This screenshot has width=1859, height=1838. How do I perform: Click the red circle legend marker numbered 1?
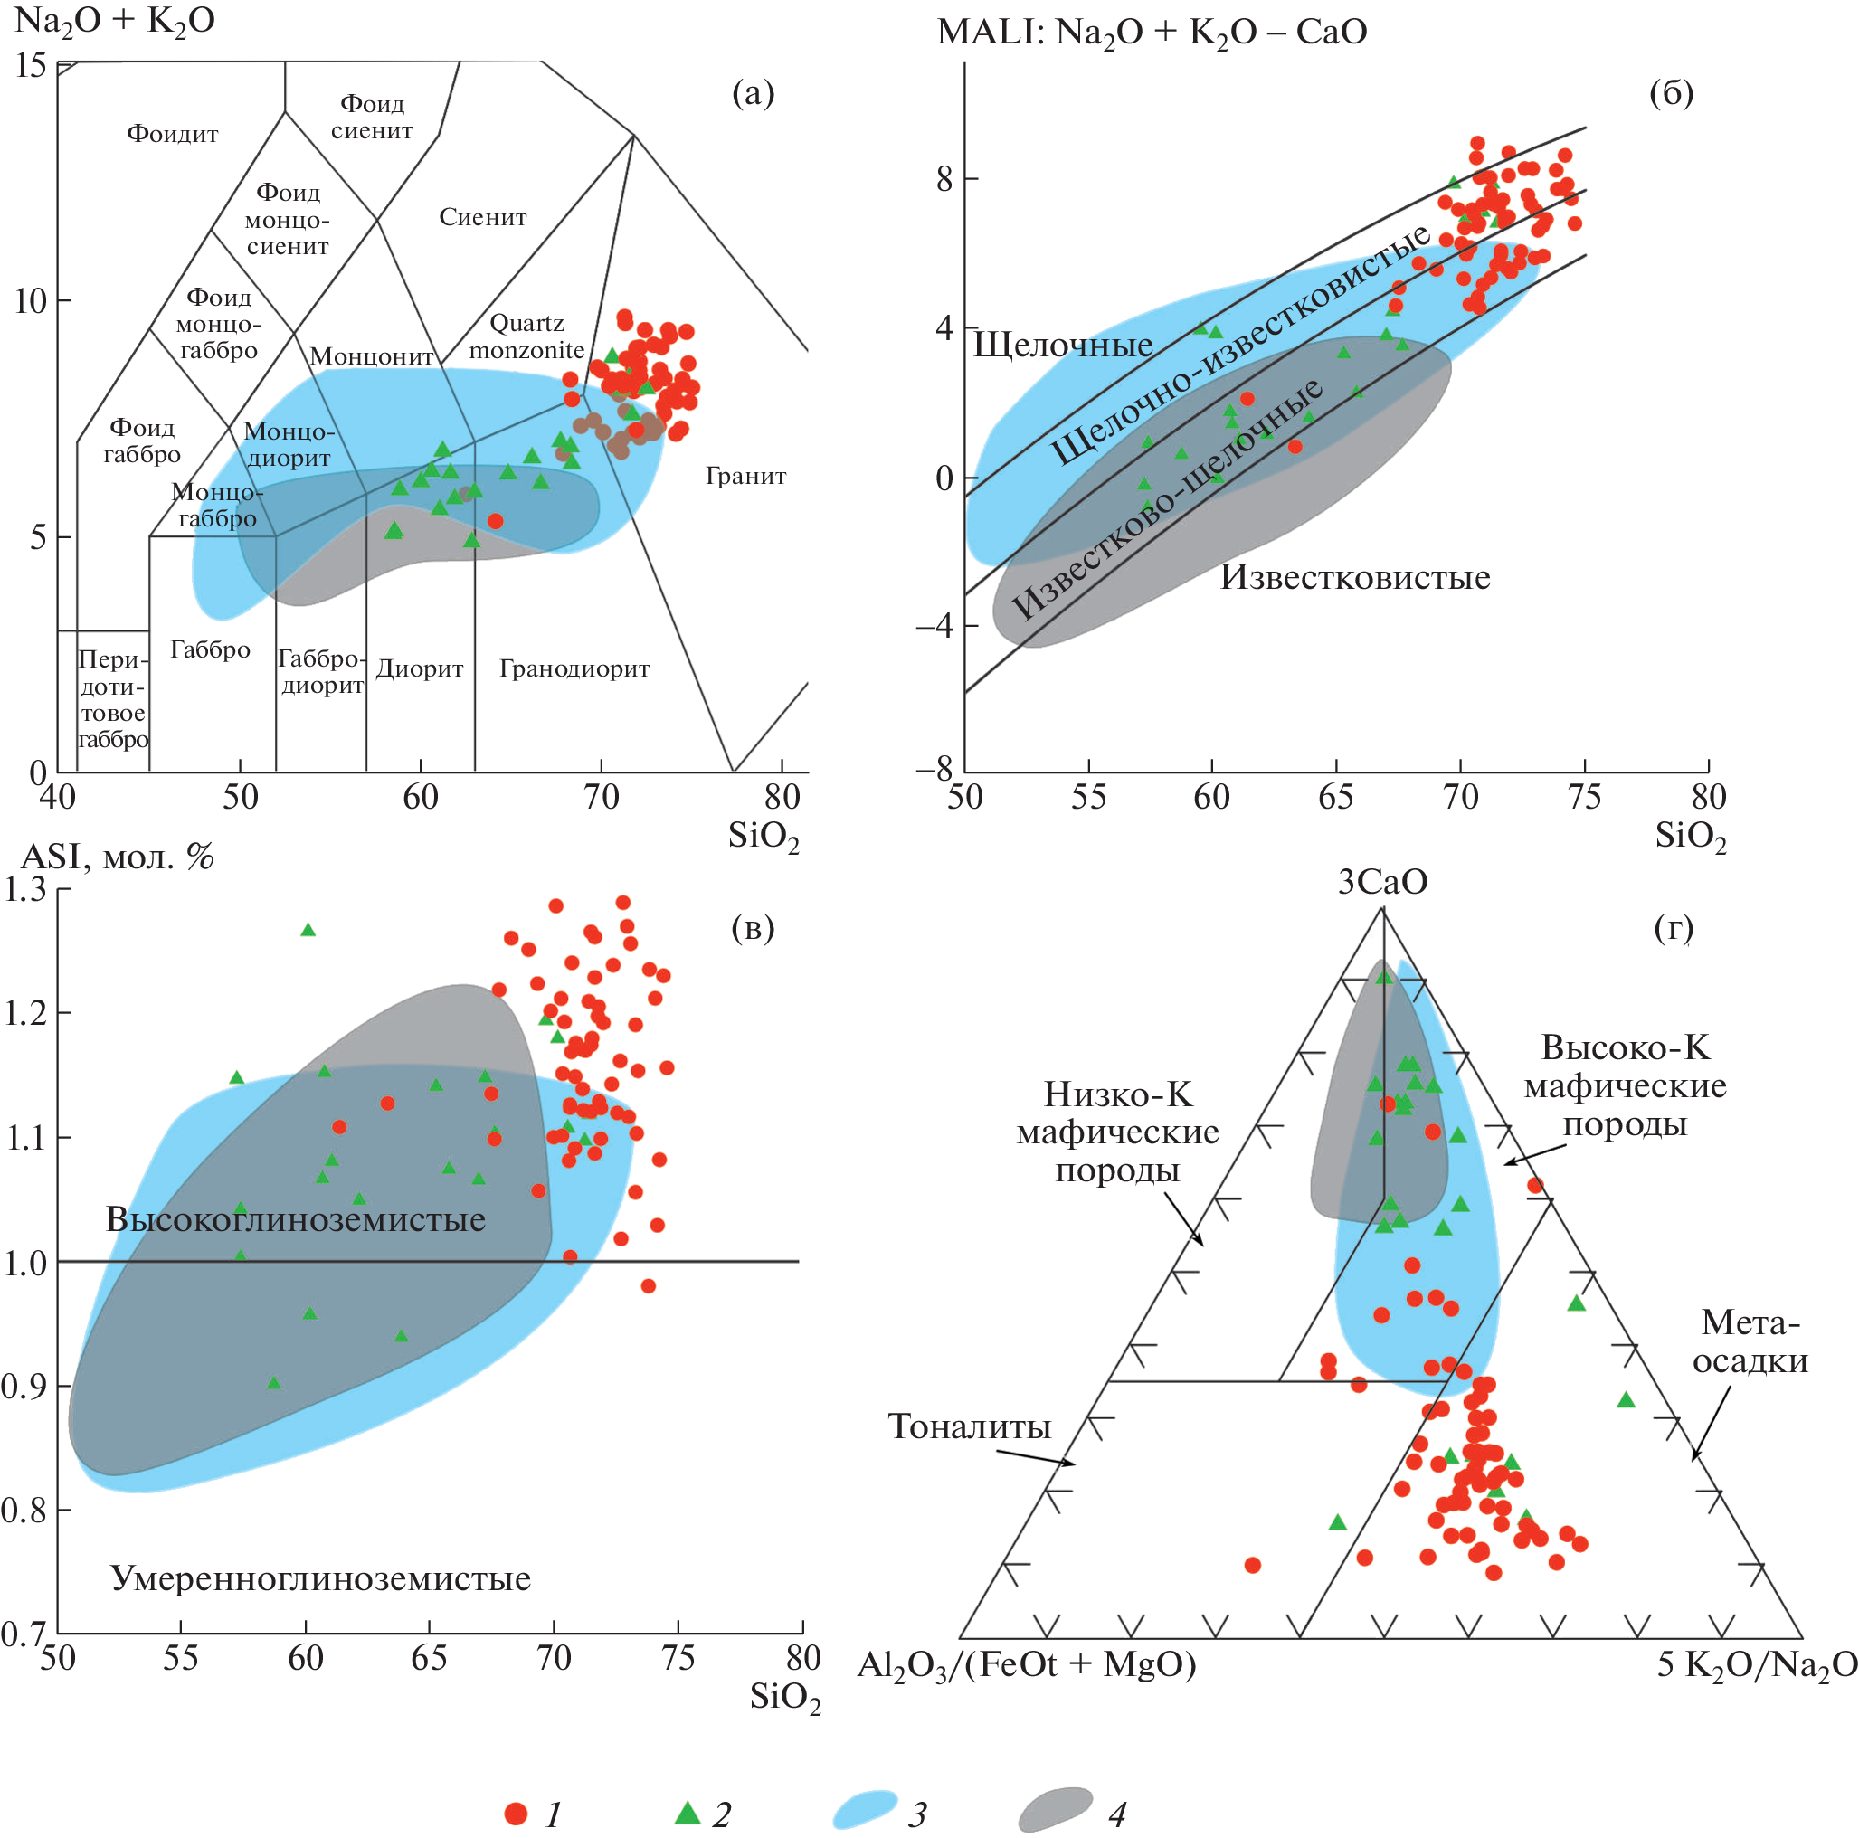[517, 1814]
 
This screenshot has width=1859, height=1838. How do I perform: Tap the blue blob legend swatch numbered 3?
[864, 1810]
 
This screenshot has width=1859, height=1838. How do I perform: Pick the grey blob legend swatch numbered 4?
[1056, 1810]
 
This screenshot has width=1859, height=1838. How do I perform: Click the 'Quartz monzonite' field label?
[526, 336]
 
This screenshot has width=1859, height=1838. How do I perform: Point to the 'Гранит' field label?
[745, 476]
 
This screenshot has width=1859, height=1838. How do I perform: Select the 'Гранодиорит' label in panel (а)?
[574, 668]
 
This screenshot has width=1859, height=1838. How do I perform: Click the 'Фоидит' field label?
[172, 134]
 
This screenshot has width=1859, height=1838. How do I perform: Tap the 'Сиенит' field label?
[483, 217]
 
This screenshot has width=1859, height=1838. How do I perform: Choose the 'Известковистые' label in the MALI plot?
[1355, 577]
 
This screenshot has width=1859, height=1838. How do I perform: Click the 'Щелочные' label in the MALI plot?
[1062, 345]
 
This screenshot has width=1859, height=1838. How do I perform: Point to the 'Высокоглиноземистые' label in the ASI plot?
[296, 1219]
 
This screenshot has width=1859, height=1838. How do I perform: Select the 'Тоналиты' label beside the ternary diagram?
[969, 1426]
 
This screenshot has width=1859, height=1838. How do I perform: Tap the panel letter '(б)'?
[1672, 92]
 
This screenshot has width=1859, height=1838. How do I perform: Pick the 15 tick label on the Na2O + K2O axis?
[31, 65]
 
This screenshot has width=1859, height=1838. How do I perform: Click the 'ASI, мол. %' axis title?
[118, 857]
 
